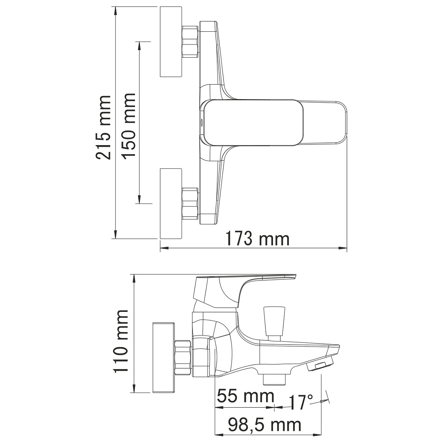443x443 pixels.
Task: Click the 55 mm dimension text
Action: [x=245, y=397]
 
